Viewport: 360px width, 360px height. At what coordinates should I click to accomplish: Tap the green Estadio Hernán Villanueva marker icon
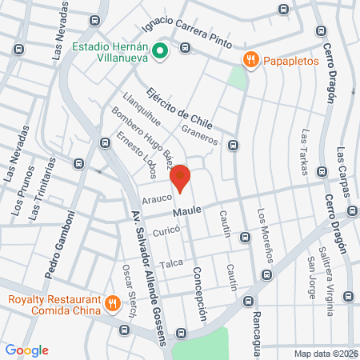tap(159, 52)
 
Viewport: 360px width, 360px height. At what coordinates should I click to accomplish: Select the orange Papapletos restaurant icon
tap(251, 60)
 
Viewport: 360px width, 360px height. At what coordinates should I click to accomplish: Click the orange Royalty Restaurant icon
tap(112, 304)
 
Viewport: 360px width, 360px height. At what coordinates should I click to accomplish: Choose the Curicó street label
tap(166, 230)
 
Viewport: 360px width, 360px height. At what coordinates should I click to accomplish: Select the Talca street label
tap(170, 264)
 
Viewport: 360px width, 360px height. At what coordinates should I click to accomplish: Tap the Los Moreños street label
tap(266, 234)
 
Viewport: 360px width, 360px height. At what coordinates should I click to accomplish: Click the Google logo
tap(26, 350)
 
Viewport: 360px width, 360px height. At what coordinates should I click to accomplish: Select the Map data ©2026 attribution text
tap(324, 353)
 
